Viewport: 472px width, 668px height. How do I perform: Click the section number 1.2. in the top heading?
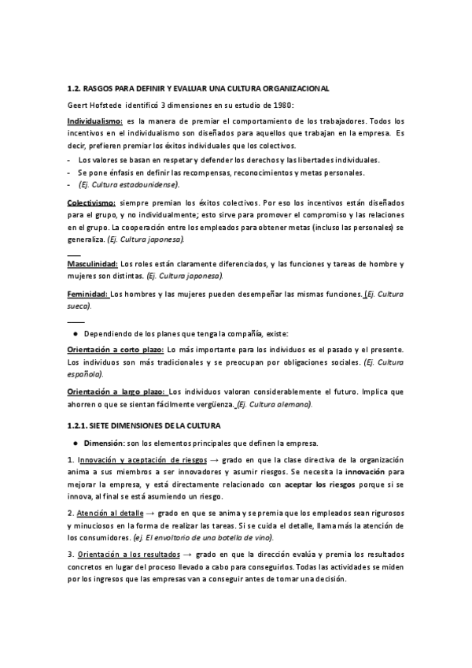(x=76, y=88)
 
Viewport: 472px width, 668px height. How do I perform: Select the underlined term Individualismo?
(x=94, y=121)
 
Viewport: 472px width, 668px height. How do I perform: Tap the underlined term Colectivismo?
(x=91, y=202)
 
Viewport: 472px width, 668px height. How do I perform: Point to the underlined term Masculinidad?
(x=93, y=263)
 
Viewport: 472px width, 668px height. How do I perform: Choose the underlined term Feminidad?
(x=88, y=294)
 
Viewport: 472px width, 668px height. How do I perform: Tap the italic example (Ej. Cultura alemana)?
(x=275, y=404)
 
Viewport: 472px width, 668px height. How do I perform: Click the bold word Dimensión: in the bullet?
(x=104, y=441)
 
